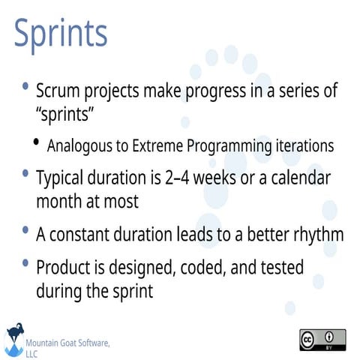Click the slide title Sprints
(x=61, y=34)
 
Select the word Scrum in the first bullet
(x=59, y=91)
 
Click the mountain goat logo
(x=13, y=339)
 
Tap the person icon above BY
(x=330, y=335)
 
